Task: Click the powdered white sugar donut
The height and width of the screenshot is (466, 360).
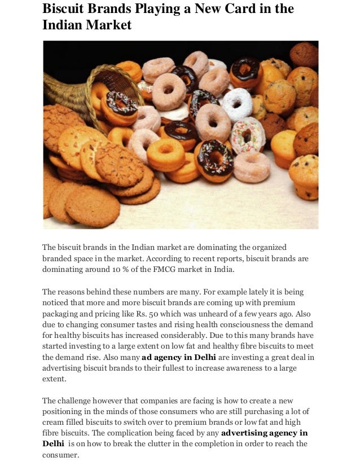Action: click(238, 103)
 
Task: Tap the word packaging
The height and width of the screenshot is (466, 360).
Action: click(64, 314)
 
